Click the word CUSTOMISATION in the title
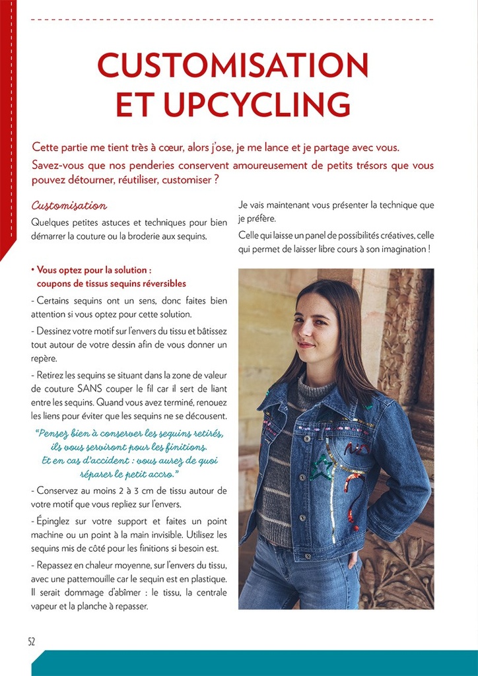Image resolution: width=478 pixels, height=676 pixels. click(x=232, y=65)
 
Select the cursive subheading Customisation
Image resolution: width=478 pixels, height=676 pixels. click(x=69, y=206)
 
